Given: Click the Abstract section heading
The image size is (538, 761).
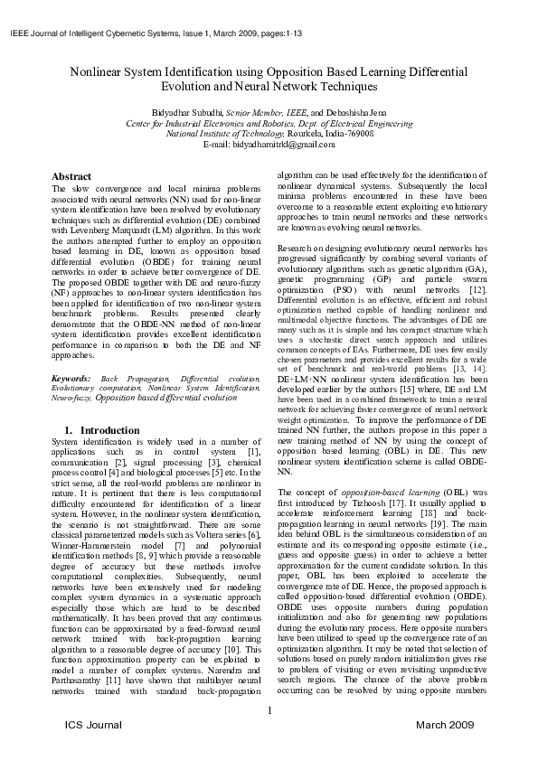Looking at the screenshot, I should (71, 175).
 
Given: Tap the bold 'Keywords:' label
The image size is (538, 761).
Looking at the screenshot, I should (71, 377).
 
